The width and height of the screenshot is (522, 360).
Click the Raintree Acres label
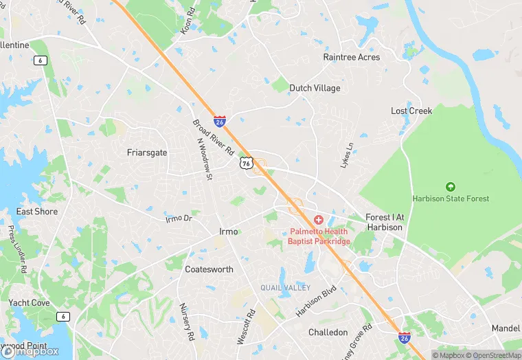click(351, 57)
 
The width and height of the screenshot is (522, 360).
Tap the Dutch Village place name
click(315, 88)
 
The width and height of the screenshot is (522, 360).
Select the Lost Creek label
click(411, 111)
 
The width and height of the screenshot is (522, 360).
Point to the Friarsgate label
click(147, 153)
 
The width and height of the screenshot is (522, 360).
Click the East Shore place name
click(37, 212)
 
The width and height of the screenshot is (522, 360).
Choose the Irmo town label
click(228, 232)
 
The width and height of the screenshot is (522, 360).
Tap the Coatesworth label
click(209, 269)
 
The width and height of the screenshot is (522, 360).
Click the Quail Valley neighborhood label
click(285, 287)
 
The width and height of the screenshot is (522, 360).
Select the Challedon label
click(328, 333)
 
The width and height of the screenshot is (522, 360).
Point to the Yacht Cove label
click(29, 302)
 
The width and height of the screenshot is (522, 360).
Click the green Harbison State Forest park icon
click(451, 186)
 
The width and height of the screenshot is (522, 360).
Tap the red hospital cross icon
click(319, 220)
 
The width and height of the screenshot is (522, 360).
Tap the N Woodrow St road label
click(203, 159)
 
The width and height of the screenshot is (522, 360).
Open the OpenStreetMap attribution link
click(489, 355)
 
